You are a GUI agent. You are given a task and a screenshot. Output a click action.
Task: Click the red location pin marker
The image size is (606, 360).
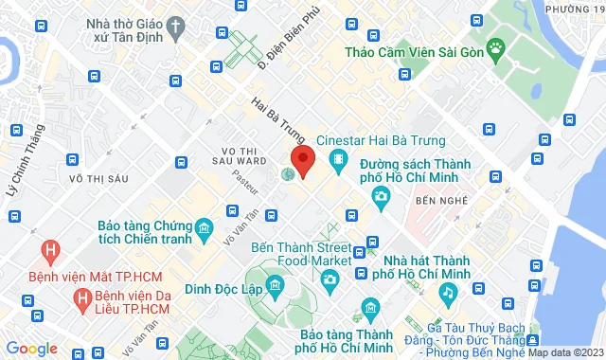tap(302, 160)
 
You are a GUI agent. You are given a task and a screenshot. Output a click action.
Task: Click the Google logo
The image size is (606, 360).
tap(30, 349)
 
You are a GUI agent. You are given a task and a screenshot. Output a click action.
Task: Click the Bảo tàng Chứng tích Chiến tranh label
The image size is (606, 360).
tap(144, 233)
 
